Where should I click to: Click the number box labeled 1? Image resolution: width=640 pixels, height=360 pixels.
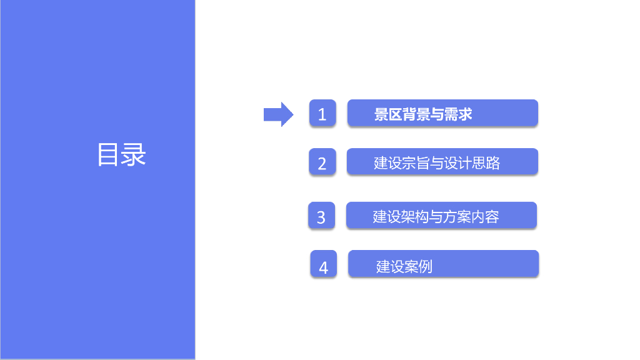click(322, 114)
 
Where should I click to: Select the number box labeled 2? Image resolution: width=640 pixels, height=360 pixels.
click(322, 162)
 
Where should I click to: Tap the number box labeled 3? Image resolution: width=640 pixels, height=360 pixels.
click(321, 216)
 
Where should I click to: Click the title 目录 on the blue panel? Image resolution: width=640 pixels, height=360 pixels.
click(121, 155)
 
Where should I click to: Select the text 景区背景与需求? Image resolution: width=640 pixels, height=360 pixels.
click(423, 114)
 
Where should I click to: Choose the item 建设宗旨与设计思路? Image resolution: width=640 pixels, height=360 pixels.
click(437, 163)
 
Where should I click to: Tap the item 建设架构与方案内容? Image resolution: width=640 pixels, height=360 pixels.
click(436, 217)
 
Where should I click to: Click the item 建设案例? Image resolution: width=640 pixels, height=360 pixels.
click(404, 267)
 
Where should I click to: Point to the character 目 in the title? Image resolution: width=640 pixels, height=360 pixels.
click(109, 155)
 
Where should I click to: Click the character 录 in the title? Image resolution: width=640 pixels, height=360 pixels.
click(134, 155)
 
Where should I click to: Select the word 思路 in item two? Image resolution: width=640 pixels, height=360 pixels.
click(487, 163)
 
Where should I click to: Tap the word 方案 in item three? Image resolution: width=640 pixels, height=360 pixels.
click(455, 217)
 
